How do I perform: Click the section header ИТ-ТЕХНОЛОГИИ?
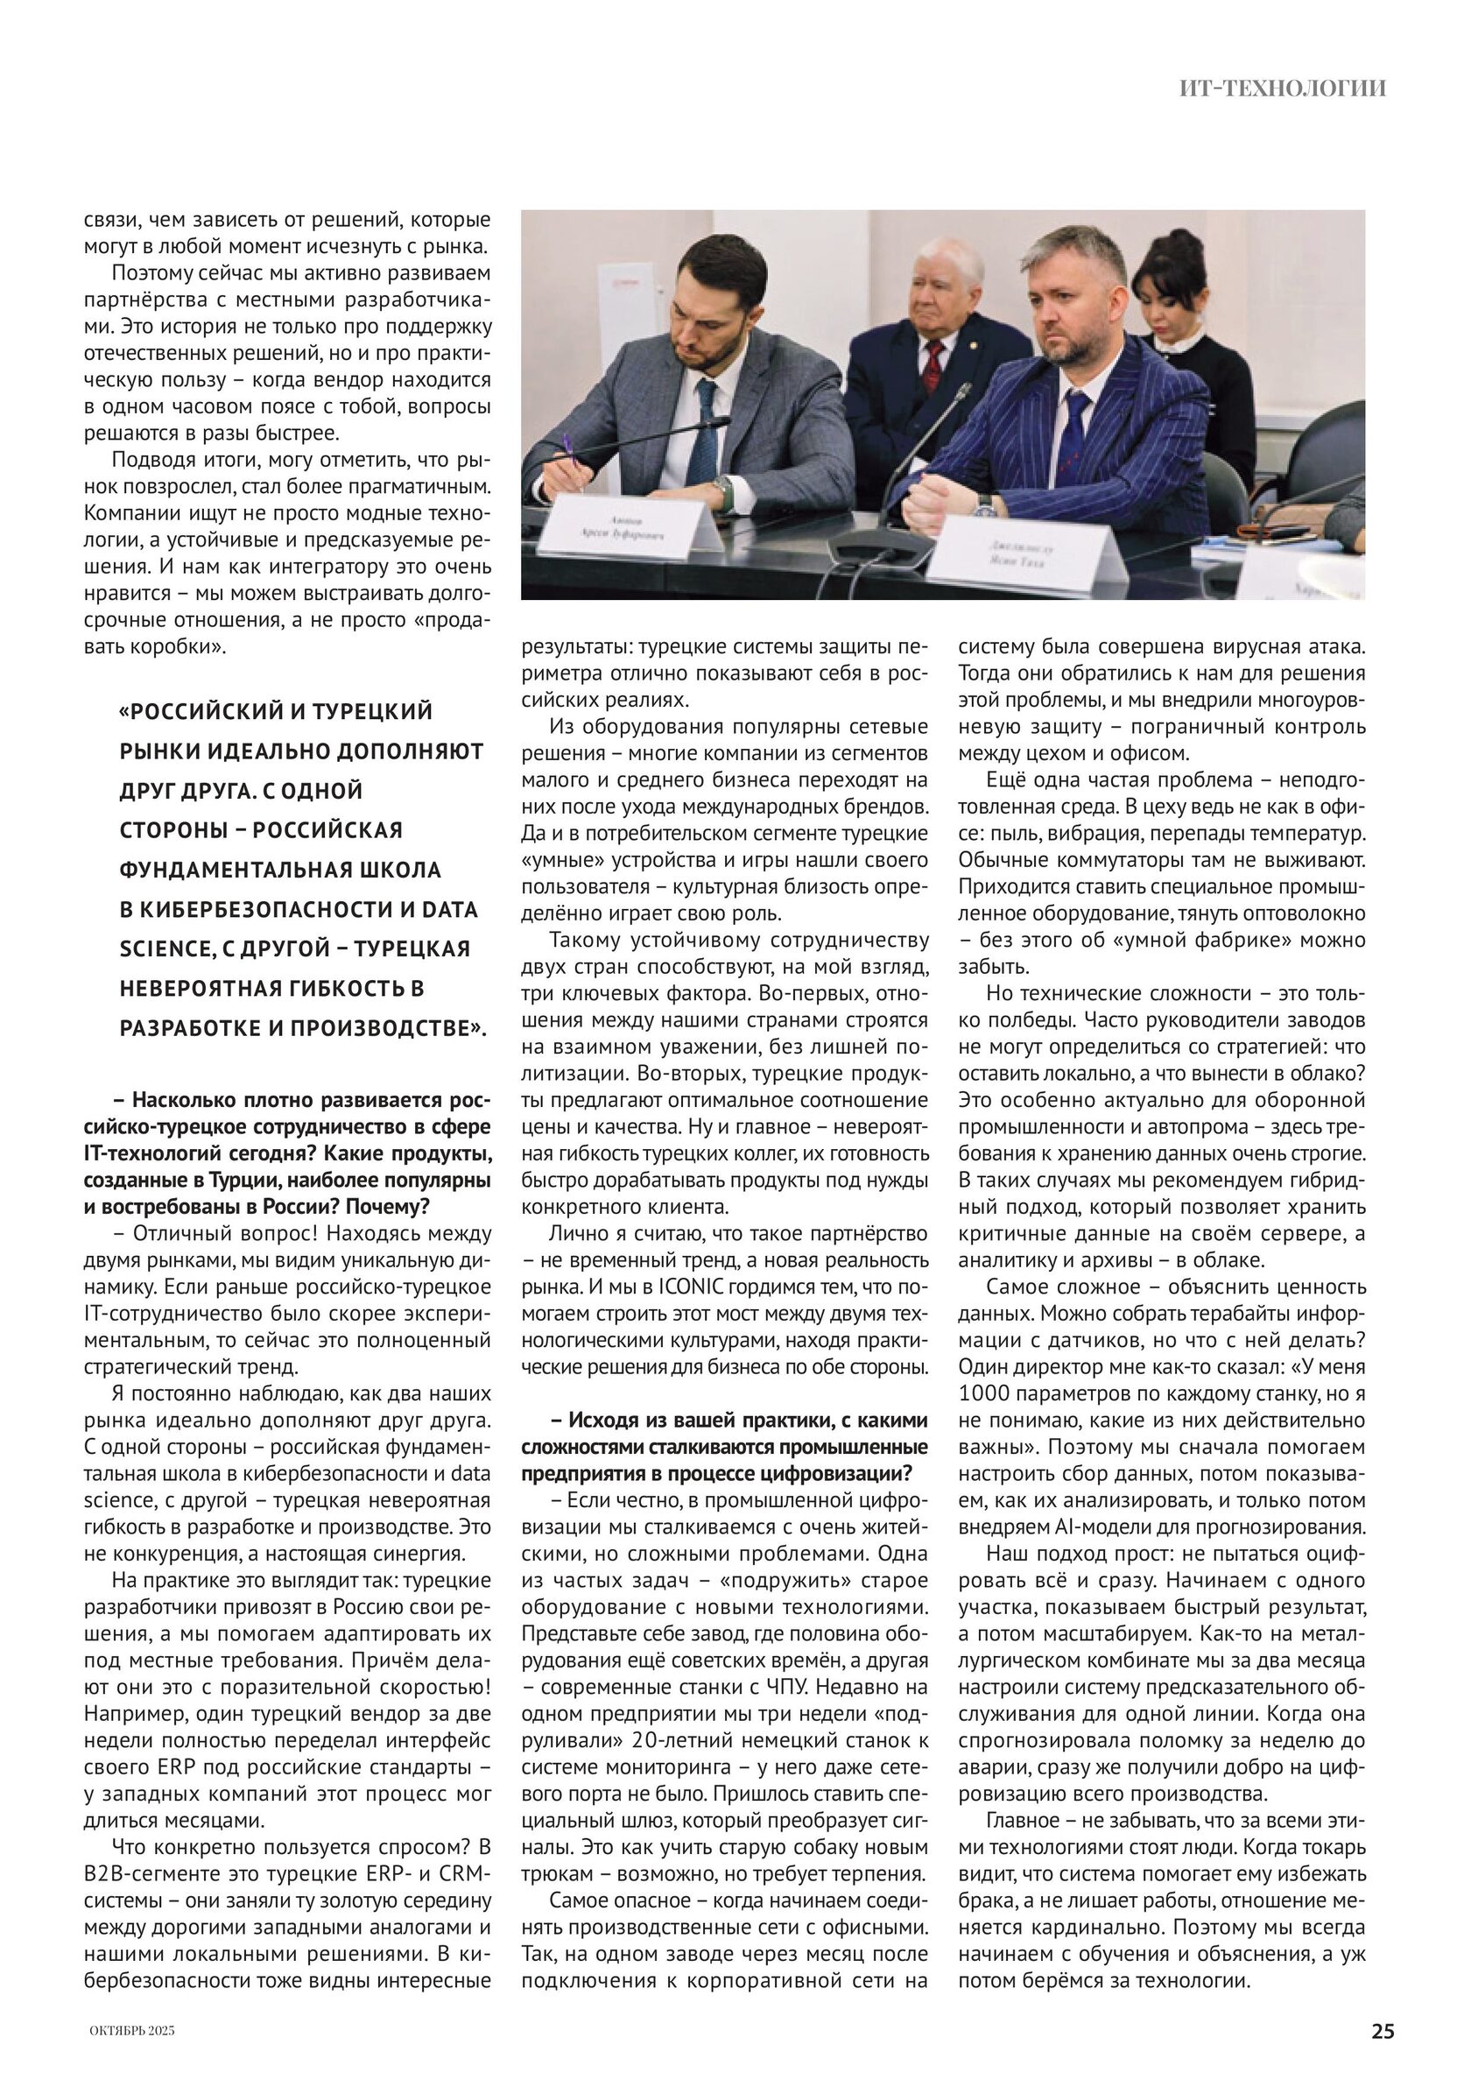1283,88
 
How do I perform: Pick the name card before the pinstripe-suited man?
1019,554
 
